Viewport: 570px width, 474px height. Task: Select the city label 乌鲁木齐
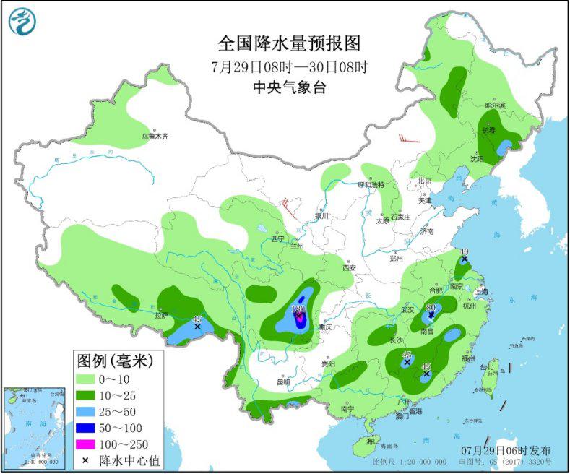tap(154, 136)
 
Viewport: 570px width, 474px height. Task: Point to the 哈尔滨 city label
tap(495, 105)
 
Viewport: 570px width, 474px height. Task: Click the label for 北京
tap(423, 181)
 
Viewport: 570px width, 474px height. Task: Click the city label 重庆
tap(332, 327)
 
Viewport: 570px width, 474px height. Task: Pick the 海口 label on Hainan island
tap(372, 440)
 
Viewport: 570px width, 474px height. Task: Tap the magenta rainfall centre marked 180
tap(298, 311)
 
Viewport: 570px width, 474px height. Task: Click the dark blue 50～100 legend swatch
tap(92, 428)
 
